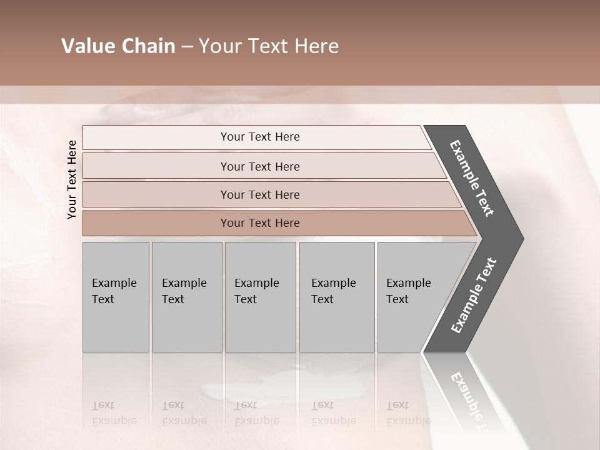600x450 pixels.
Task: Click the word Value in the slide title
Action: tap(86, 46)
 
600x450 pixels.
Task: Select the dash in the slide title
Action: tap(187, 47)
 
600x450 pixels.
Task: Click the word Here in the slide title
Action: tap(317, 46)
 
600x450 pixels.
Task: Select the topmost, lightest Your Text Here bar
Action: tap(259, 137)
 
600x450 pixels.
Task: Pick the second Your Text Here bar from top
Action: tap(259, 166)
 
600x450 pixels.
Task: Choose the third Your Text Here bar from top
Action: tap(259, 194)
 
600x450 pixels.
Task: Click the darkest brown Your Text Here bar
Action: tap(259, 223)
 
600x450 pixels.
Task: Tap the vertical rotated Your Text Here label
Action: tap(72, 179)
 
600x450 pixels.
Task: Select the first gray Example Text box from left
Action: tap(116, 297)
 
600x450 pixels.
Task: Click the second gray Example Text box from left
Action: tap(187, 297)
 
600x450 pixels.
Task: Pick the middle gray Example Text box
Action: tap(260, 297)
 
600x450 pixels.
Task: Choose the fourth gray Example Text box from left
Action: tap(337, 297)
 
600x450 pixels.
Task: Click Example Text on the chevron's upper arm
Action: tap(472, 178)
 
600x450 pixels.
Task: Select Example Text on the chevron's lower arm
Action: tap(474, 295)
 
